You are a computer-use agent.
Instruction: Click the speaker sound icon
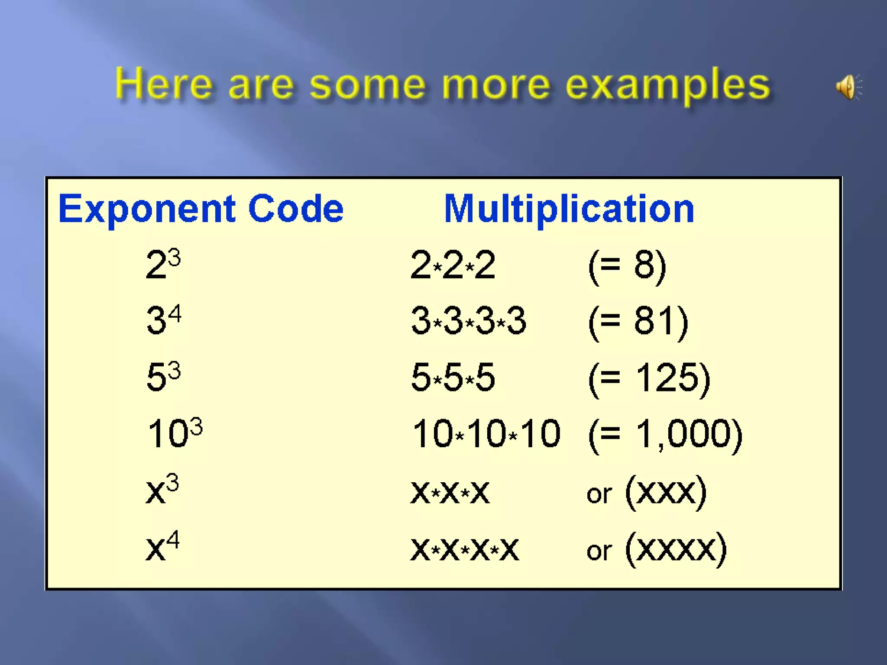[x=848, y=87]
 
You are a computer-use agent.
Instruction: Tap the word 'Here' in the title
[x=164, y=84]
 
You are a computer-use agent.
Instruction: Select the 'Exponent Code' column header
[x=201, y=209]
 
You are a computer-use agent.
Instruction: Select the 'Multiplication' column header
[x=569, y=209]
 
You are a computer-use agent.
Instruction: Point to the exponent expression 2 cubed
[x=163, y=264]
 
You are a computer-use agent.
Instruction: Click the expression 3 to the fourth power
[x=164, y=320]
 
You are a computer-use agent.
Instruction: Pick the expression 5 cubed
[x=163, y=376]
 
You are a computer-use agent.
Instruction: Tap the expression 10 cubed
[x=175, y=433]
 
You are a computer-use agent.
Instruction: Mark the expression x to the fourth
[x=162, y=546]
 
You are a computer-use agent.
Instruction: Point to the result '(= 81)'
[x=638, y=321]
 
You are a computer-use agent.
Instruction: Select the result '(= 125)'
[x=649, y=378]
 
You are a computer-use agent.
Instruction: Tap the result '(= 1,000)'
[x=665, y=434]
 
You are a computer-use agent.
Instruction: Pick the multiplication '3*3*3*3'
[x=468, y=321]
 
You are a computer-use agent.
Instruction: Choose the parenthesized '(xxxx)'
[x=676, y=549]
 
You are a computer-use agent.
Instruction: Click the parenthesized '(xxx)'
[x=666, y=492]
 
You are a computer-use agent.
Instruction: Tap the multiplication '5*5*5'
[x=453, y=377]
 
